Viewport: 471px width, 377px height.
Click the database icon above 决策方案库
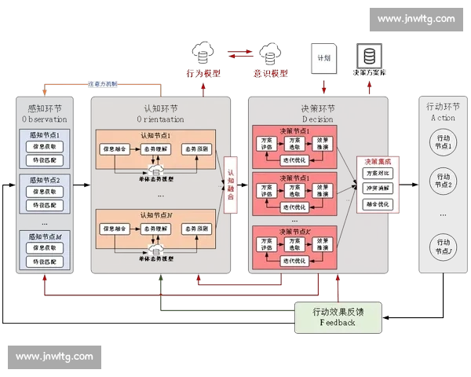tap(367, 56)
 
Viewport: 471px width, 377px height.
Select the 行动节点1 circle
tap(444, 143)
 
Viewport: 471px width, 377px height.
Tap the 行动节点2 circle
tap(444, 180)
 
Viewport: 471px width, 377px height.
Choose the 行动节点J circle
tap(444, 246)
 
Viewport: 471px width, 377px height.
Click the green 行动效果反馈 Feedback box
tap(338, 317)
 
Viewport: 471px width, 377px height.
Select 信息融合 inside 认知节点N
tap(115, 229)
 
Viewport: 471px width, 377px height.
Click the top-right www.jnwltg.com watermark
tap(415, 19)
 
